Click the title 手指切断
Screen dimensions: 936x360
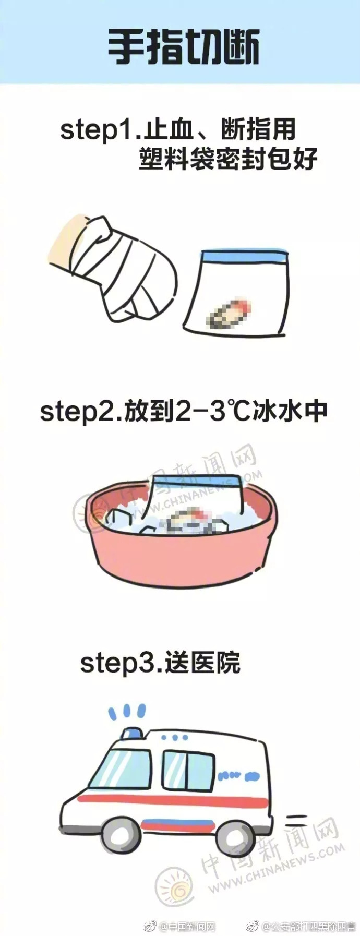[183, 47]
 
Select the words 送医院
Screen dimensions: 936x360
[203, 663]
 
